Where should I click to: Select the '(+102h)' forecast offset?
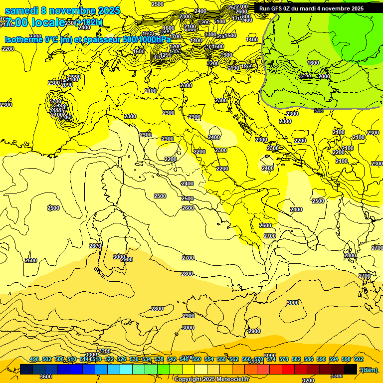coord(89,22)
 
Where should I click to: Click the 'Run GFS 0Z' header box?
coord(312,8)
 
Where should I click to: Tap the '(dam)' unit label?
coord(369,370)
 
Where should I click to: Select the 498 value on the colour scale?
coord(34,359)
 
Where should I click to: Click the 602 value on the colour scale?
coord(359,359)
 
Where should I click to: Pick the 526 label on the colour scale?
coord(122,359)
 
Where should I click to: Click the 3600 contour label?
coord(45,377)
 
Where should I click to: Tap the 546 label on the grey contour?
coord(318,111)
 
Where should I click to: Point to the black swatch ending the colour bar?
coord(351,369)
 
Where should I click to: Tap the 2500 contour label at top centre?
coord(157,4)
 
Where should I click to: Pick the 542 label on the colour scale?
coord(172,359)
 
